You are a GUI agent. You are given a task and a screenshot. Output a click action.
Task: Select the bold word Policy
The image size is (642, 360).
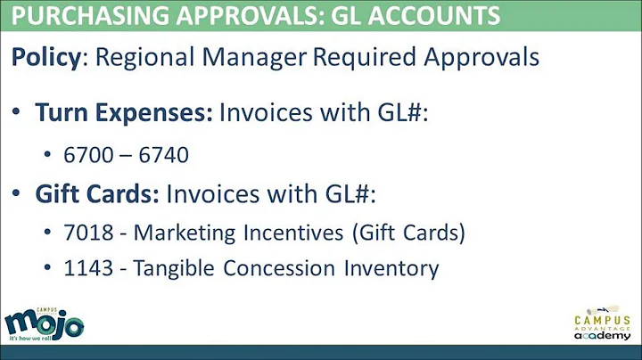[x=45, y=57]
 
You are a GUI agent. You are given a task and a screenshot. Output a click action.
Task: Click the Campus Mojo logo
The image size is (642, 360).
[x=44, y=323]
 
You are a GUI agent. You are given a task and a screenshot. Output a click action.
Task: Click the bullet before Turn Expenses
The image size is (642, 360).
[x=18, y=114]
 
